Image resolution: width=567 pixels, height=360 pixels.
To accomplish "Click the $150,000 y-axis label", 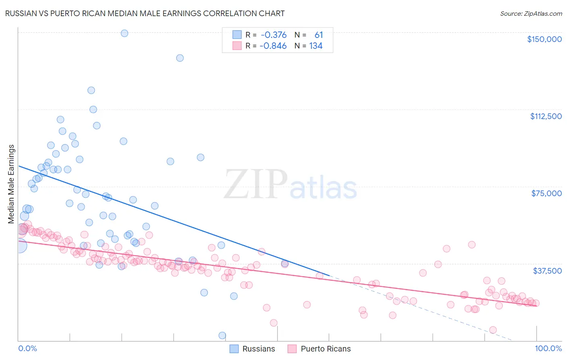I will (544, 39).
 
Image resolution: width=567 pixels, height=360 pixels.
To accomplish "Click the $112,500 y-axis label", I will (546, 116).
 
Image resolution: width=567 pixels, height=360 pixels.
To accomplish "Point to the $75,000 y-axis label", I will (546, 193).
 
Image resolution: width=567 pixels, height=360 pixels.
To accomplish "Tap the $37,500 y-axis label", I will (547, 271).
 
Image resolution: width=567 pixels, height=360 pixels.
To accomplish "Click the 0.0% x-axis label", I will (27, 348).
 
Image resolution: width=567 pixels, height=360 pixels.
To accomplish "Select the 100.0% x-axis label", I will (548, 348).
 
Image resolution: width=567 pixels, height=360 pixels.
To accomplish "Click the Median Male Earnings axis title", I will (11, 184).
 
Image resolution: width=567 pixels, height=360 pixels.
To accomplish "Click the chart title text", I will (145, 13).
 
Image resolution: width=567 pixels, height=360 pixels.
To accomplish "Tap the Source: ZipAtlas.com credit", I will (531, 13).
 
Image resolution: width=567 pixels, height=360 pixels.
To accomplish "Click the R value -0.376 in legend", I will (273, 35).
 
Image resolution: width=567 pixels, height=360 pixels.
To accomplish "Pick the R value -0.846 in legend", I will (273, 46).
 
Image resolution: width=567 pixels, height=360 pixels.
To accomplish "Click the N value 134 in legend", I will (316, 46).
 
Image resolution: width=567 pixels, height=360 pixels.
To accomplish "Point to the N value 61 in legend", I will (319, 35).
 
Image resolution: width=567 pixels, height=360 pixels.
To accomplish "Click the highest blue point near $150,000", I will (125, 33).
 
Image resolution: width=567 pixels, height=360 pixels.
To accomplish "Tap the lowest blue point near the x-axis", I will (222, 335).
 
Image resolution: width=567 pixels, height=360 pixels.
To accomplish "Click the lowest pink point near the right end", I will (493, 330).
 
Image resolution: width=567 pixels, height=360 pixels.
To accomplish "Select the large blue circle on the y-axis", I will (19, 245).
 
